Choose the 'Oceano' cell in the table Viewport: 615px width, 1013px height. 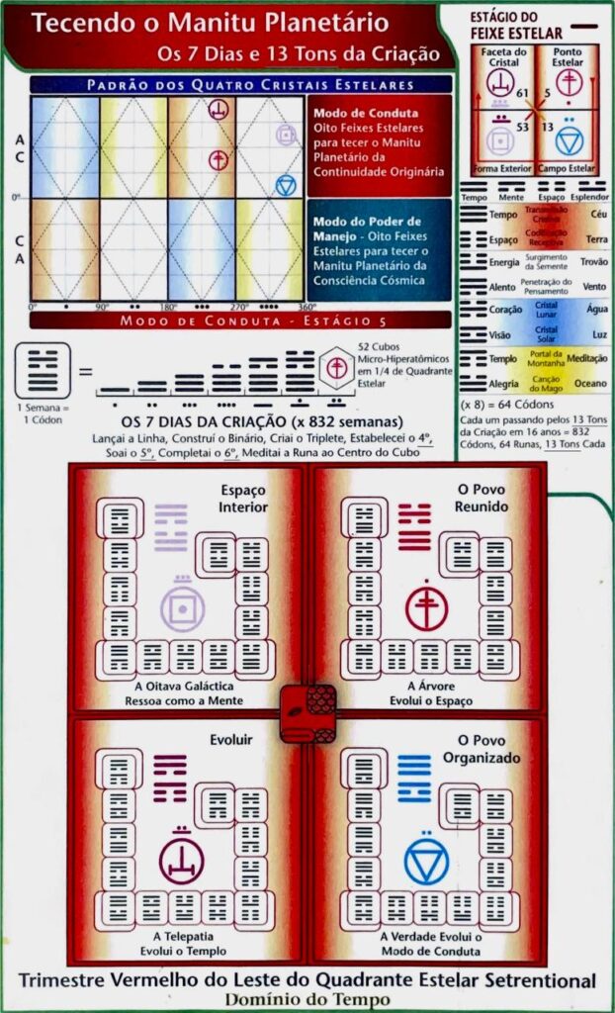click(593, 384)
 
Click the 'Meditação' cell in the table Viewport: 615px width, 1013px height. click(593, 358)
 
